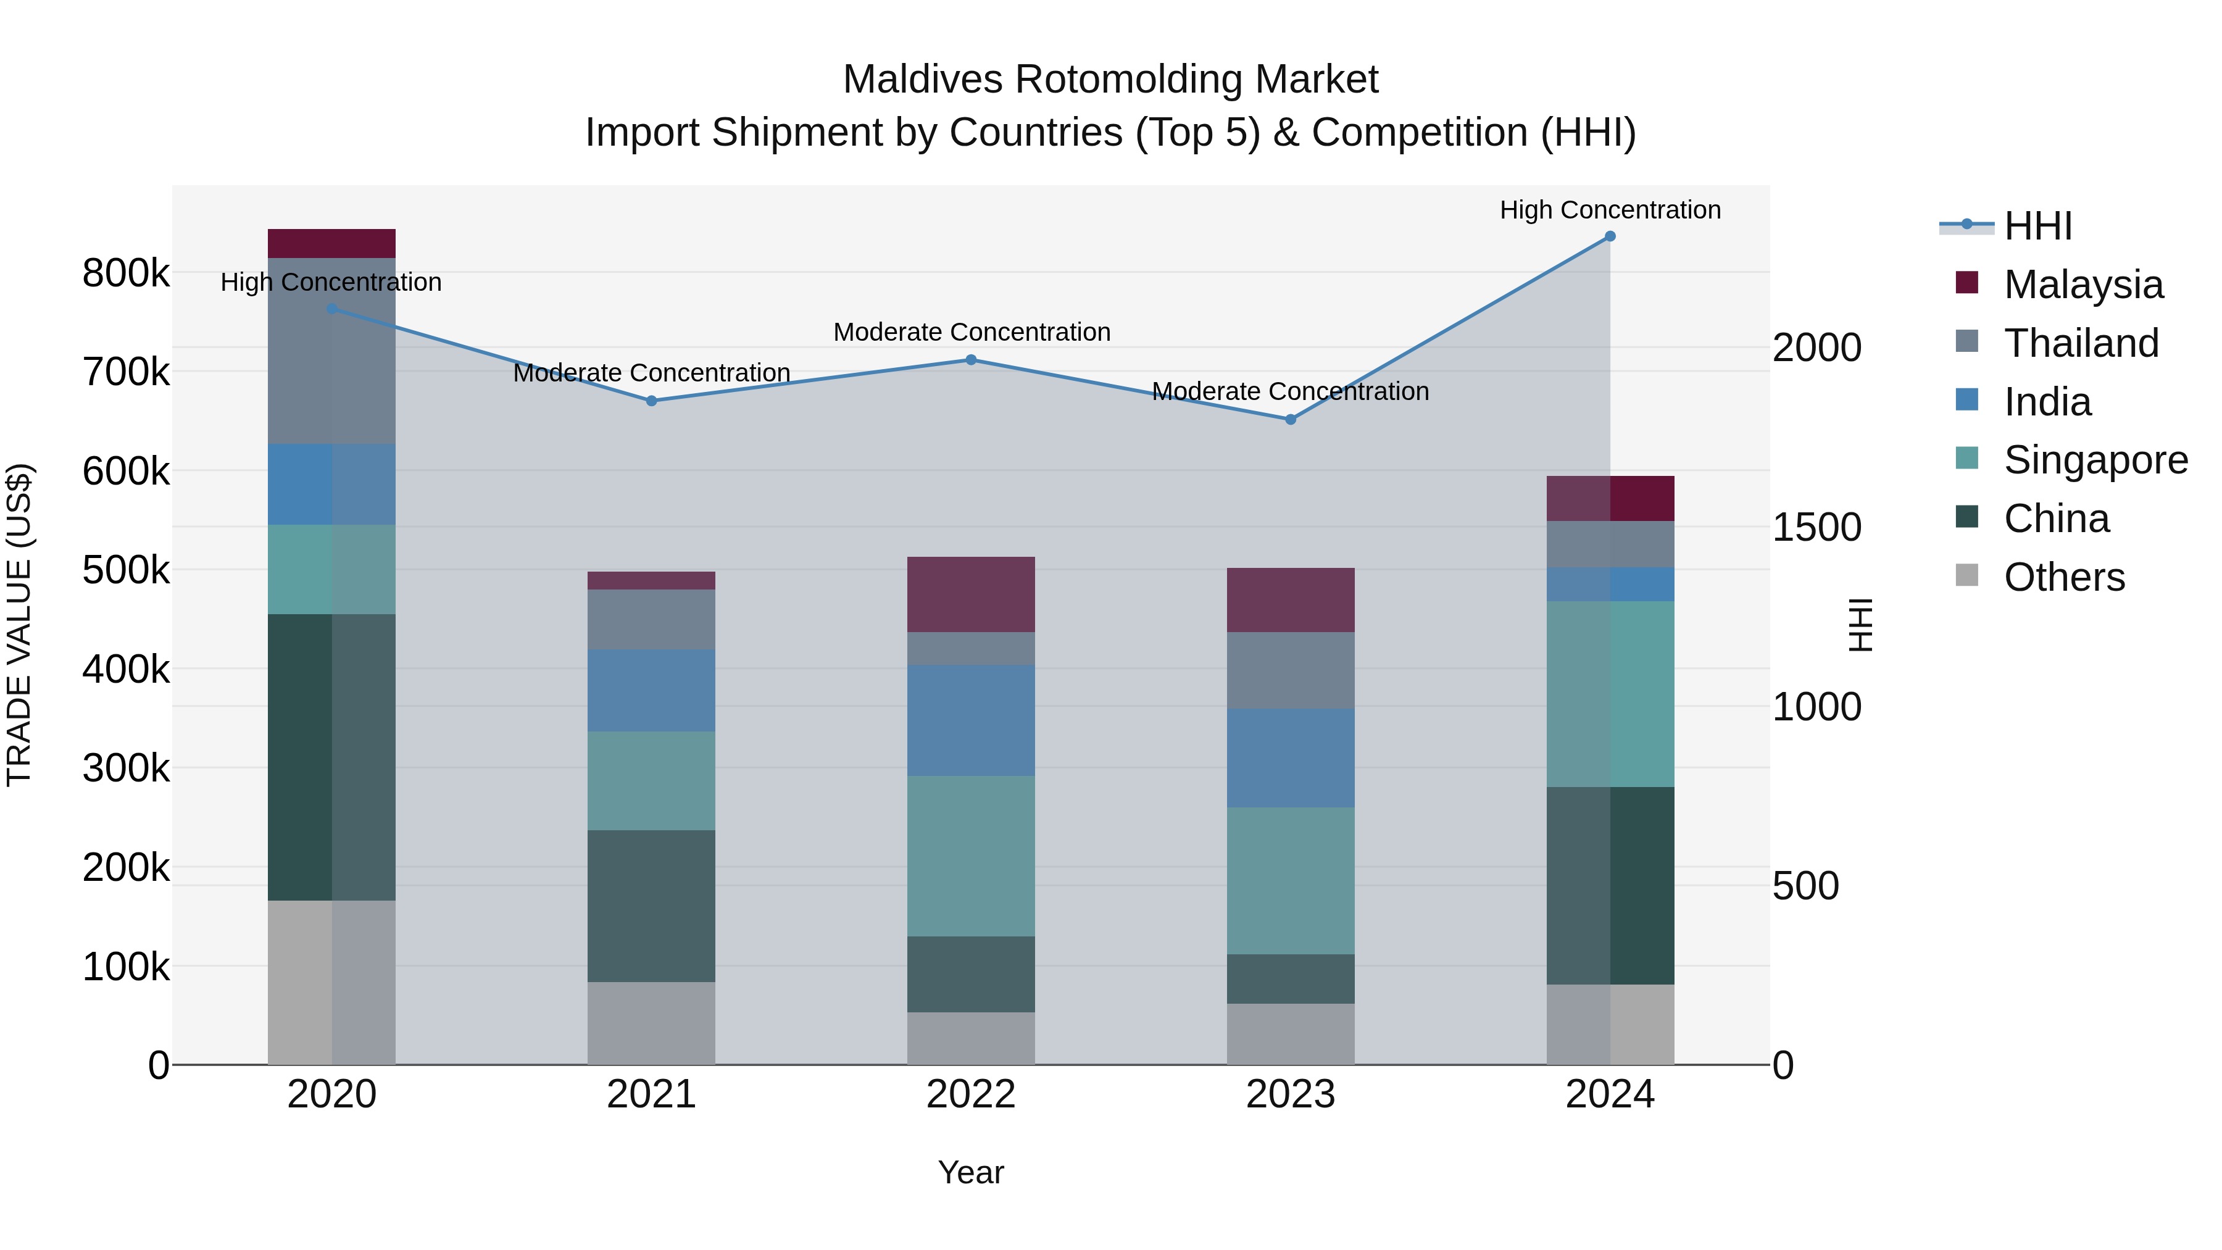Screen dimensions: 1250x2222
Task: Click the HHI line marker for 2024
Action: coord(1610,236)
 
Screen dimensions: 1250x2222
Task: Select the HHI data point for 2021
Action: coord(651,401)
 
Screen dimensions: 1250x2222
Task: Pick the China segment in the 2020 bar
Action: coord(331,757)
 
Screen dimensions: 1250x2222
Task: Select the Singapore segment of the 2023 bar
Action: coord(1291,881)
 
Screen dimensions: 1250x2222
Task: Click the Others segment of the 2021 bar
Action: coord(651,1023)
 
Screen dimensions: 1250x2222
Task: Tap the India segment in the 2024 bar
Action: coord(1610,585)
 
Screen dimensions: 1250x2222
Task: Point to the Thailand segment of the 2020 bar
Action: coord(331,351)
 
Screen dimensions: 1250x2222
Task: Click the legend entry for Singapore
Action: coord(2095,460)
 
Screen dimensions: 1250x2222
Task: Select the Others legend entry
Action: coord(2063,577)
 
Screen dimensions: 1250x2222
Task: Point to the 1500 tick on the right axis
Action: coord(1816,528)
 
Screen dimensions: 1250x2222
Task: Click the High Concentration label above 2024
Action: coord(1610,210)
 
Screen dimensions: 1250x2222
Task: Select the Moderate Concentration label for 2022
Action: coord(972,332)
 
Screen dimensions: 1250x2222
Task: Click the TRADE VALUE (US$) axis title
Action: coord(19,625)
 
